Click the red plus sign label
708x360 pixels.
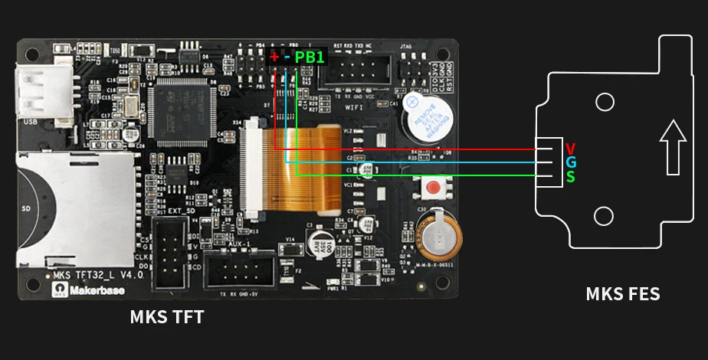274,57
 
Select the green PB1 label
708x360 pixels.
310,57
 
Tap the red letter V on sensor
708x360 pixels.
570,148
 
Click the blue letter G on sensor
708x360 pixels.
570,162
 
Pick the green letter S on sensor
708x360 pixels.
570,177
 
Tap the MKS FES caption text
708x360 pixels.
622,294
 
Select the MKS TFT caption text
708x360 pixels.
167,316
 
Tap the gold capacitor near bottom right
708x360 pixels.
437,234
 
